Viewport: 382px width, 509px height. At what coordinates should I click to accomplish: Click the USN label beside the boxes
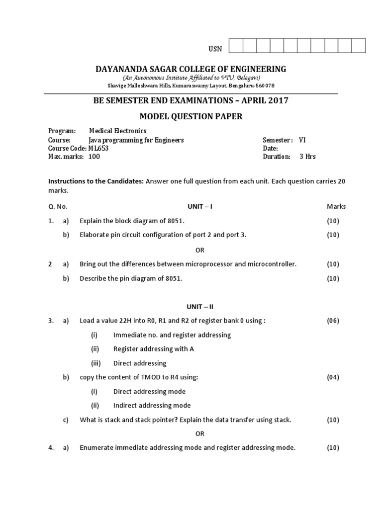(215, 48)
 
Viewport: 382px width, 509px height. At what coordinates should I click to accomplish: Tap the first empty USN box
(236, 46)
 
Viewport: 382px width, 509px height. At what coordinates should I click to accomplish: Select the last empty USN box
(359, 46)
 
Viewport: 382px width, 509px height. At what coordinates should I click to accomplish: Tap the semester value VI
(303, 140)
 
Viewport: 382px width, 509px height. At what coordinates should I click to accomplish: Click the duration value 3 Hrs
(307, 157)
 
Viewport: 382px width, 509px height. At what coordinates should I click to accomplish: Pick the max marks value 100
(94, 157)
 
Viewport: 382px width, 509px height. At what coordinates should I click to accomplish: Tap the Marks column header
(336, 206)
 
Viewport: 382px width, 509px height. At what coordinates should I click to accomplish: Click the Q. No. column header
(58, 206)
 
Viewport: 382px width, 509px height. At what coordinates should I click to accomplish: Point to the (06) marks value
(333, 321)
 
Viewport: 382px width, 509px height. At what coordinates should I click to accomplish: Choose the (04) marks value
(333, 377)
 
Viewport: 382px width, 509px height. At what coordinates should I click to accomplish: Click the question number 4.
(51, 448)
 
